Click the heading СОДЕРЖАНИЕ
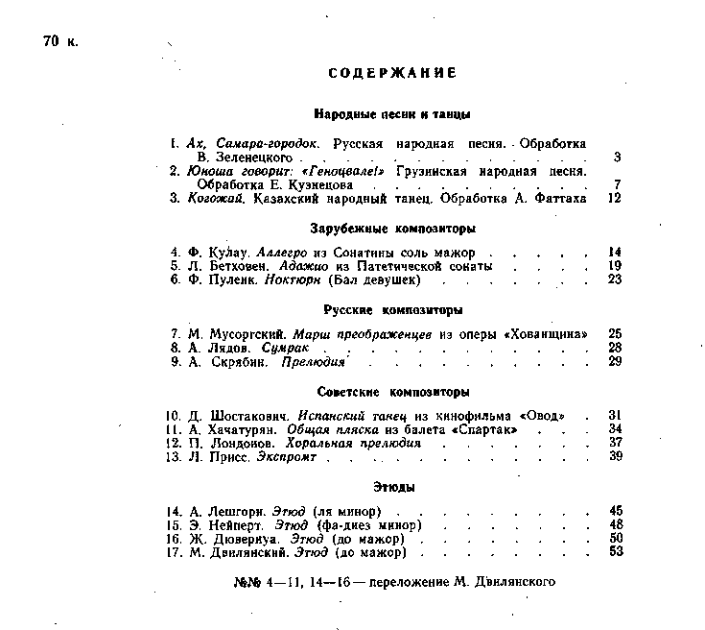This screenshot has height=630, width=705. (391, 73)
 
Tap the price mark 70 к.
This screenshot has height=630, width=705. (61, 41)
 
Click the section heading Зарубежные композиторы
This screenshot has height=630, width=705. (393, 230)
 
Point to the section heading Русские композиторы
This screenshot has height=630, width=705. (393, 310)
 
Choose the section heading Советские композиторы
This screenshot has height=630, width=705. (393, 393)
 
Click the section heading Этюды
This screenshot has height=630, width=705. (393, 488)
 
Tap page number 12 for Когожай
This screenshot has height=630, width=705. (615, 198)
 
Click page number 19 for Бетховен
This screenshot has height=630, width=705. (615, 266)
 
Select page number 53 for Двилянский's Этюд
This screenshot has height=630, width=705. (616, 552)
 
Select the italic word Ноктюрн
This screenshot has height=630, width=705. (294, 279)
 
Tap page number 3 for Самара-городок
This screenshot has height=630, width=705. (618, 157)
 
